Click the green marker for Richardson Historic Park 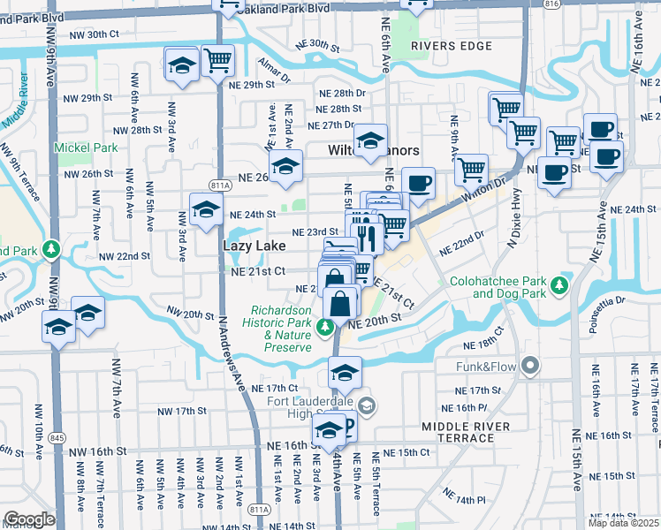326,328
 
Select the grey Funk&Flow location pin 530,364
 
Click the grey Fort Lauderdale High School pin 368,406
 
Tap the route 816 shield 552,4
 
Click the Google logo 28,519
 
